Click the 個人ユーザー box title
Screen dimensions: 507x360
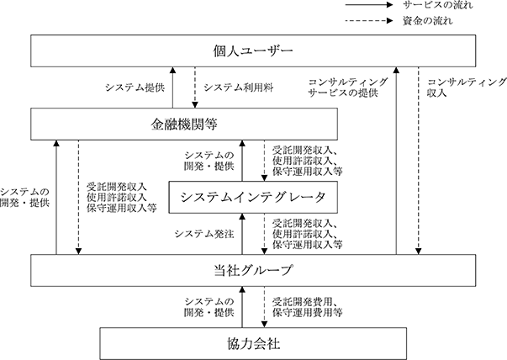tap(253, 51)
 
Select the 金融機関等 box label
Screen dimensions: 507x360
tap(184, 124)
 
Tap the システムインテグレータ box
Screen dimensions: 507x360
tap(253, 198)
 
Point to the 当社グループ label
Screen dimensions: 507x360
tap(253, 270)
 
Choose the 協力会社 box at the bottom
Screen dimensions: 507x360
tap(253, 343)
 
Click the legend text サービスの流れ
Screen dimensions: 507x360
tap(437, 5)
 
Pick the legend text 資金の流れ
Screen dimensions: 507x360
tap(427, 21)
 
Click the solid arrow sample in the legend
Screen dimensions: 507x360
tap(369, 5)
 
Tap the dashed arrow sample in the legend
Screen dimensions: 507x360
tap(369, 21)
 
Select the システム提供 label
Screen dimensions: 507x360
tap(135, 87)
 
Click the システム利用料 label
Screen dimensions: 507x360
tap(239, 87)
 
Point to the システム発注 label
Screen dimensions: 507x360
tap(204, 234)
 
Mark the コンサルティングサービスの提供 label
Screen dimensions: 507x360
tap(347, 87)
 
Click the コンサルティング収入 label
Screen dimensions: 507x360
tap(467, 87)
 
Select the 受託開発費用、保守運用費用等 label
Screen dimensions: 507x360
tap(307, 307)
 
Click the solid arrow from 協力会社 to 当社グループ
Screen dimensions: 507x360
tap(242, 307)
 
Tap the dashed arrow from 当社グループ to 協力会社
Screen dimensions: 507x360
tap(264, 307)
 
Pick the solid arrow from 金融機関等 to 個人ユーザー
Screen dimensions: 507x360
tap(172, 87)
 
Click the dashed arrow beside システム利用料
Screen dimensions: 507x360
tap(195, 87)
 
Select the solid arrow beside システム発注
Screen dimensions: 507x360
tap(242, 234)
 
